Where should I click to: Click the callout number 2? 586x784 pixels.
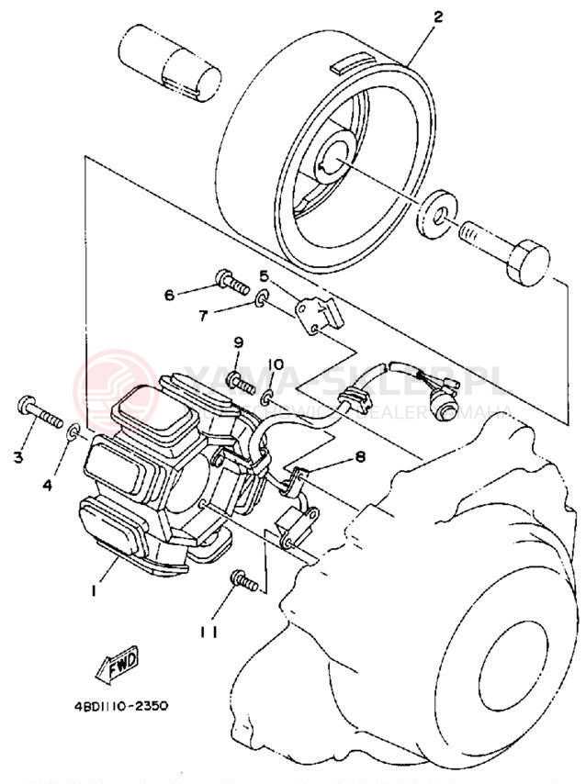click(438, 17)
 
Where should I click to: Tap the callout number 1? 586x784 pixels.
click(93, 591)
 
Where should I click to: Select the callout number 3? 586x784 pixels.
click(17, 456)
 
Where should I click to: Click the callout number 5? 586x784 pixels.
click(263, 274)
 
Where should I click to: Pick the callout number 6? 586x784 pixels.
click(169, 295)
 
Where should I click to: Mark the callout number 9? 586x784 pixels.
click(238, 342)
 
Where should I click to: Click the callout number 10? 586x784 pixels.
click(276, 364)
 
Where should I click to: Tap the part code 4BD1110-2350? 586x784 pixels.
click(121, 706)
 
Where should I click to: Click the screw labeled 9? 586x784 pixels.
click(238, 379)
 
